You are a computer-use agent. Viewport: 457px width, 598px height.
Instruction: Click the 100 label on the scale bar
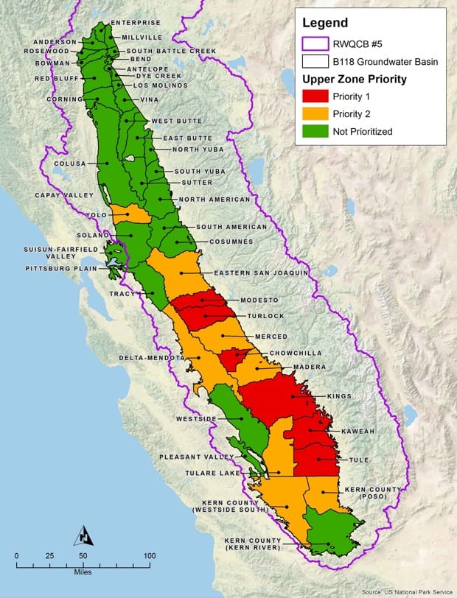coord(149,555)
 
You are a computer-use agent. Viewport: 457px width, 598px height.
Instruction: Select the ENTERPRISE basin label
coord(136,23)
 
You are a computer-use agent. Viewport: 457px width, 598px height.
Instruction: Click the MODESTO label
coord(259,300)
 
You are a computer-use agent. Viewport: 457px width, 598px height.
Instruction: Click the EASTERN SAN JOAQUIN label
coord(261,272)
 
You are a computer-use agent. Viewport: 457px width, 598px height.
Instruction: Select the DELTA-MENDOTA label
coord(152,358)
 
